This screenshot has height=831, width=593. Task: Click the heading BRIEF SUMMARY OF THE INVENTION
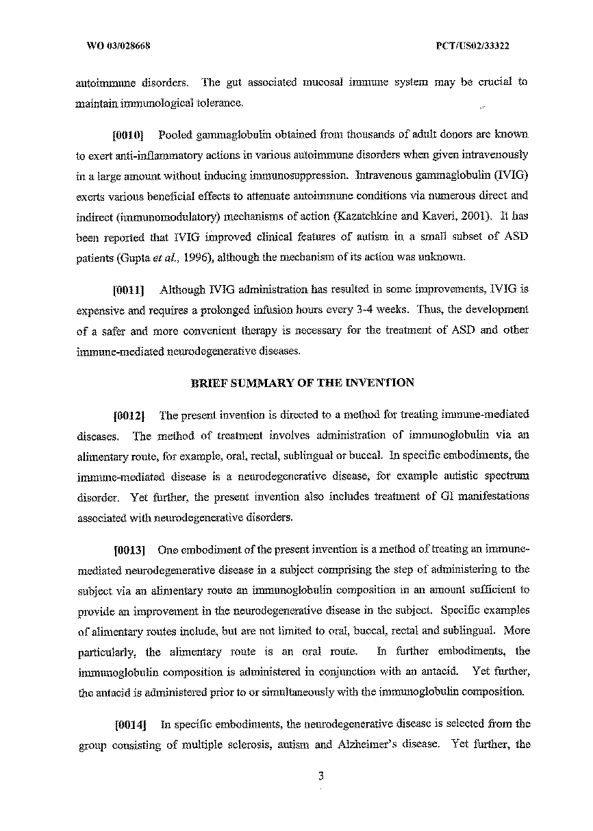301,383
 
